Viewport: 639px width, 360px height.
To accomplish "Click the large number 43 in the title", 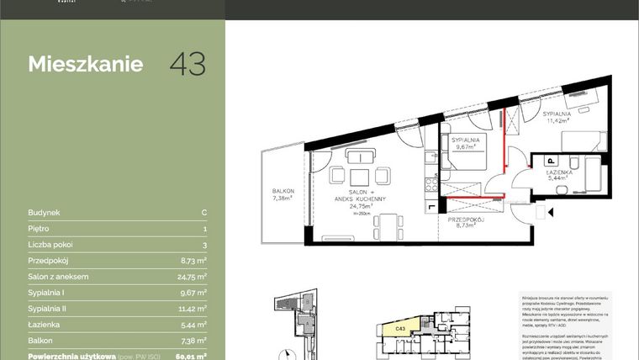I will tap(187, 65).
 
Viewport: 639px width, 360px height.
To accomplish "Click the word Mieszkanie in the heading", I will tap(85, 65).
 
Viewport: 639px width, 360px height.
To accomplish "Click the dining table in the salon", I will tap(387, 224).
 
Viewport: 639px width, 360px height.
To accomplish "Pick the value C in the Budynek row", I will tap(204, 213).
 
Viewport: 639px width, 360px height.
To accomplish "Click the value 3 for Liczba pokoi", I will tap(204, 245).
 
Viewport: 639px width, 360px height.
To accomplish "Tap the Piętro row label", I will tap(39, 229).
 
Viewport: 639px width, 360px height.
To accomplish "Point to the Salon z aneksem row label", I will tap(59, 277).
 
